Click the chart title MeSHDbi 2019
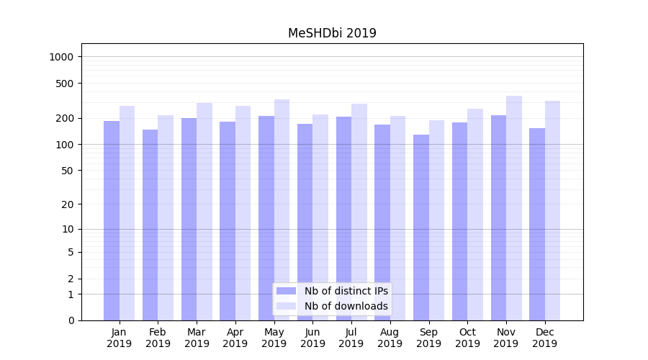tap(332, 33)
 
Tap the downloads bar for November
tap(514, 208)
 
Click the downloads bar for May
tap(282, 210)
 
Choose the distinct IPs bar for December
tap(537, 224)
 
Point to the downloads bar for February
tap(166, 217)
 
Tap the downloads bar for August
tap(398, 218)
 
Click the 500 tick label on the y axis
tap(66, 84)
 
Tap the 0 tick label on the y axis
tap(71, 320)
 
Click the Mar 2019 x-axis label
tap(197, 338)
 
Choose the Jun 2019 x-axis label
tap(312, 338)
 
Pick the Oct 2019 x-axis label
tap(467, 338)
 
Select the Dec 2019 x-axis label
tap(545, 338)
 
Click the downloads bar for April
tap(243, 213)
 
